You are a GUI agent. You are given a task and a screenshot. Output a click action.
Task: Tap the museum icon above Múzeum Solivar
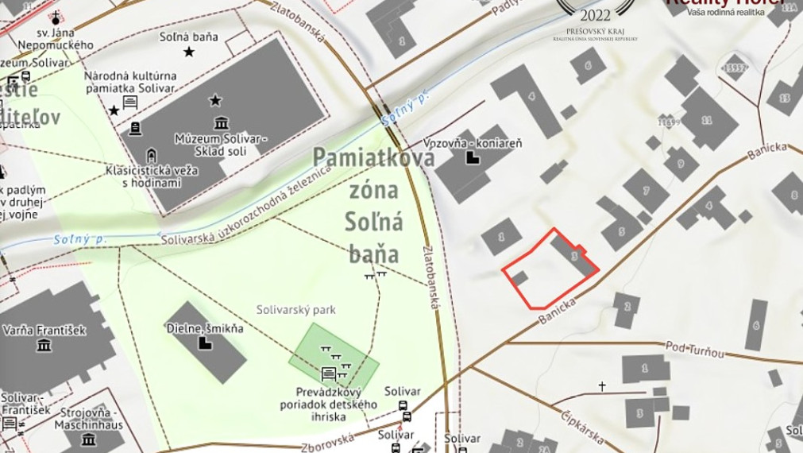tap(222, 122)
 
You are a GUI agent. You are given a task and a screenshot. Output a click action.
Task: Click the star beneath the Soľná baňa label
tap(189, 52)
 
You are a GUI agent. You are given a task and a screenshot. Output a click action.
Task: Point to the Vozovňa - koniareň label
tap(473, 142)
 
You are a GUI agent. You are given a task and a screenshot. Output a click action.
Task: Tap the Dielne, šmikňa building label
tap(205, 327)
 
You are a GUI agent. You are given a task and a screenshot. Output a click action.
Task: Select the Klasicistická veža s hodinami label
tap(152, 176)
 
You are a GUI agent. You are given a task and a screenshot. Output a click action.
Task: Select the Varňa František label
tap(43, 330)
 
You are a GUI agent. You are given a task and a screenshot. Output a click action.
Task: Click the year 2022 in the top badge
tap(596, 15)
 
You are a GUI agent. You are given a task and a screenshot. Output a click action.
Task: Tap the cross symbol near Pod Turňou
tap(602, 386)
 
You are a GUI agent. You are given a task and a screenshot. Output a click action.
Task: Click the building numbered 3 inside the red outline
tap(574, 256)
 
